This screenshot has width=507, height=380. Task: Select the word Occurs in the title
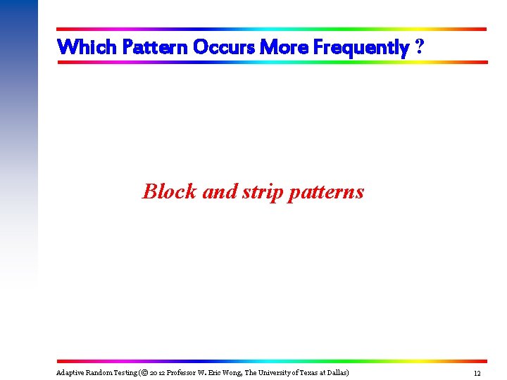(x=223, y=47)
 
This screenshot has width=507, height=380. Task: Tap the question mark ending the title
(x=420, y=47)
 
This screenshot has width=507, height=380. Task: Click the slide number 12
(x=477, y=373)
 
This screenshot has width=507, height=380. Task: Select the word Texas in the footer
(x=310, y=372)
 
